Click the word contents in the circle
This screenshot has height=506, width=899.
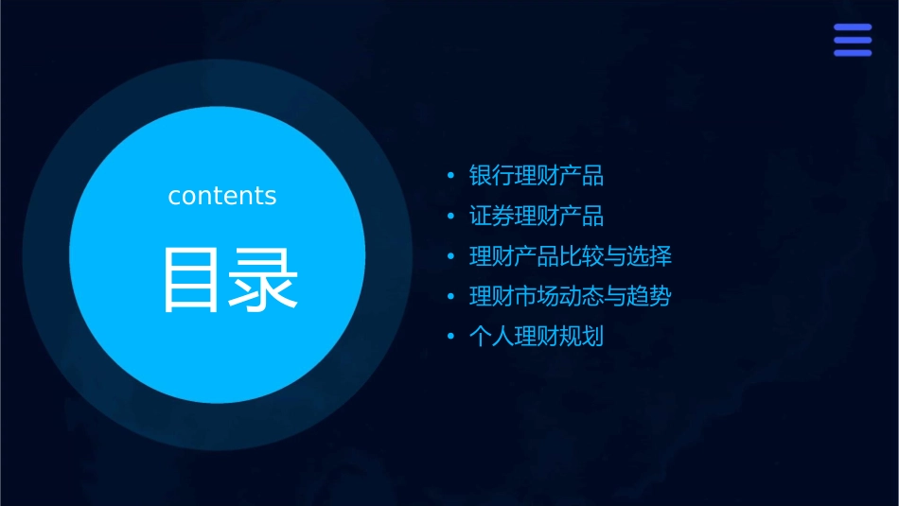point(222,196)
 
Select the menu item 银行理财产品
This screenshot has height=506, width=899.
point(537,176)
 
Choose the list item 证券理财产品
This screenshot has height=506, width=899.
point(537,217)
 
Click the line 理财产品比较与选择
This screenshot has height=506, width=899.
point(571,256)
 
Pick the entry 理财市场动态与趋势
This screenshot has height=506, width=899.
point(571,297)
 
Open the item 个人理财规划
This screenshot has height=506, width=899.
point(537,337)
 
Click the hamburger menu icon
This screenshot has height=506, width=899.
point(853,40)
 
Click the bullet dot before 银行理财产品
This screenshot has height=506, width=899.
point(451,177)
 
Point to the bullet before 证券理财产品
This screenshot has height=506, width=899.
point(451,218)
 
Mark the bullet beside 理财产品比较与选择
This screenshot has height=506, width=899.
point(451,257)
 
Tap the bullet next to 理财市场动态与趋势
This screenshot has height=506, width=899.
point(451,298)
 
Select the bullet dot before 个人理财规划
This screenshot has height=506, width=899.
point(451,338)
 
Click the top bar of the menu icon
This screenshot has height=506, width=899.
point(853,27)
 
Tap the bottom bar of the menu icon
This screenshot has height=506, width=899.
point(853,53)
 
